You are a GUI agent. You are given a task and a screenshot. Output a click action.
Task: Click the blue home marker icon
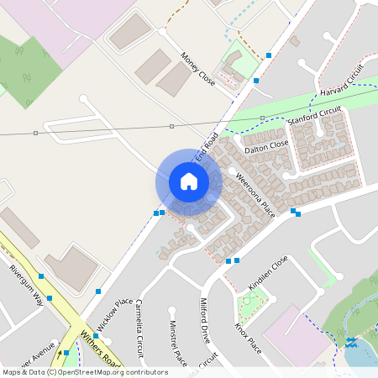click(189, 181)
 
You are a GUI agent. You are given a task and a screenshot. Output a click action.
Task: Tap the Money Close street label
click(198, 69)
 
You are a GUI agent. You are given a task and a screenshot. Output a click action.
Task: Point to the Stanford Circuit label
click(316, 116)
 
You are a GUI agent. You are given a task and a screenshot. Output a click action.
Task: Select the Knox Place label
click(249, 338)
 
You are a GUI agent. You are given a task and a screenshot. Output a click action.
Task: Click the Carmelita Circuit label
click(140, 328)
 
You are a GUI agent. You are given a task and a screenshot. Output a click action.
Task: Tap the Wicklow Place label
click(114, 314)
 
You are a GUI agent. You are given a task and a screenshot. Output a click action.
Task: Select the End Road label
click(206, 147)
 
